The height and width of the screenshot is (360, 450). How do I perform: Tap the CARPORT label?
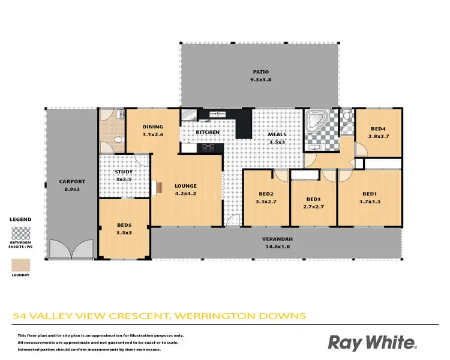pos(71,181)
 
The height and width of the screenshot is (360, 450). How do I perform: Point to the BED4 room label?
pos(377,129)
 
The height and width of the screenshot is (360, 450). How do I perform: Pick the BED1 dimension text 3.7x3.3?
pos(370,202)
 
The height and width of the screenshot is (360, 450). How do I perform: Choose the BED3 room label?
pos(313,200)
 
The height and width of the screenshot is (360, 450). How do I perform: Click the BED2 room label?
pos(266,194)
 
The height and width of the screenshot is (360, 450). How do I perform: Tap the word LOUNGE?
pos(185,186)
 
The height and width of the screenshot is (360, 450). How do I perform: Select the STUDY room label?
pos(124,172)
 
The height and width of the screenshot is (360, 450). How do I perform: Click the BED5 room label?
pos(124,226)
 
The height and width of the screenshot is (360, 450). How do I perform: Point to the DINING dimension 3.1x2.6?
pos(153,134)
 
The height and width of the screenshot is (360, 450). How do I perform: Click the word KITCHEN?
pos(208,132)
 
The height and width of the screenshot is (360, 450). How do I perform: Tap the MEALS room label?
pos(277,135)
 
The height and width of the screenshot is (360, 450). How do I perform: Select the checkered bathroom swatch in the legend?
pos(21,232)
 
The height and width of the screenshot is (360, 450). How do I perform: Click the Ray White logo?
pos(371,342)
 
